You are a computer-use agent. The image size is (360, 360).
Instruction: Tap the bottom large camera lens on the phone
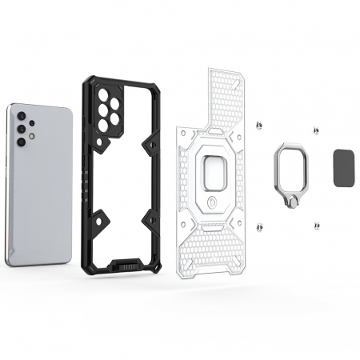[x=21, y=140]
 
